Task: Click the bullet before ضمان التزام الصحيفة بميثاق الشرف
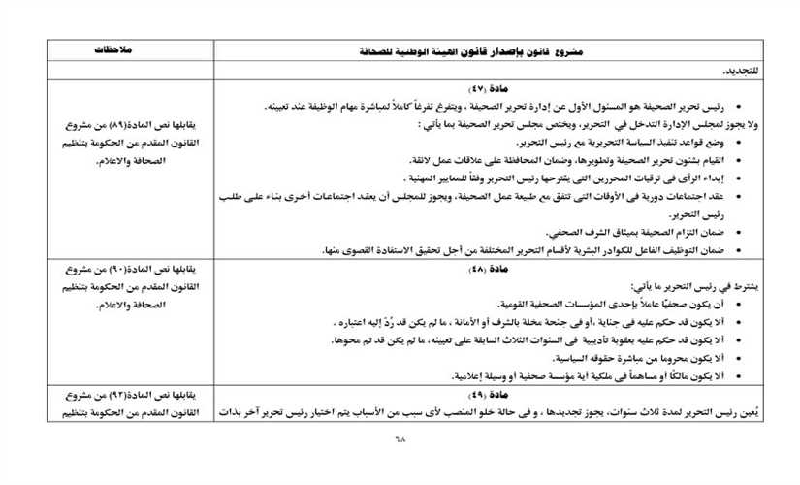[740, 233]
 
